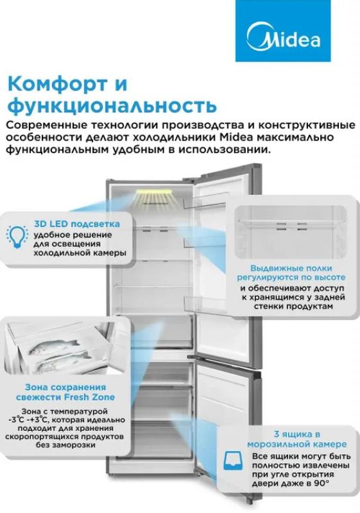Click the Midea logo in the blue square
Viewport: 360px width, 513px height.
(x=283, y=37)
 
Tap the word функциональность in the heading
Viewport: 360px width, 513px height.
(x=112, y=106)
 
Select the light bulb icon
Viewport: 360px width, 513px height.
(x=17, y=236)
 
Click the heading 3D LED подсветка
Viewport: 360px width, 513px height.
(x=77, y=224)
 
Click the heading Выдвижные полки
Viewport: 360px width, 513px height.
(x=291, y=268)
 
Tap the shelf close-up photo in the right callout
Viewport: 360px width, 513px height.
(x=291, y=231)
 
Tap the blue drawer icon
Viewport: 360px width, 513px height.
(x=233, y=460)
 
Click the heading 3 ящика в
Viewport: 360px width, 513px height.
(x=296, y=435)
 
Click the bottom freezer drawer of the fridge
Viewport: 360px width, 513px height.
(x=163, y=439)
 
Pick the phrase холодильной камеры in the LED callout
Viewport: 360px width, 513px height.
(x=80, y=253)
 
